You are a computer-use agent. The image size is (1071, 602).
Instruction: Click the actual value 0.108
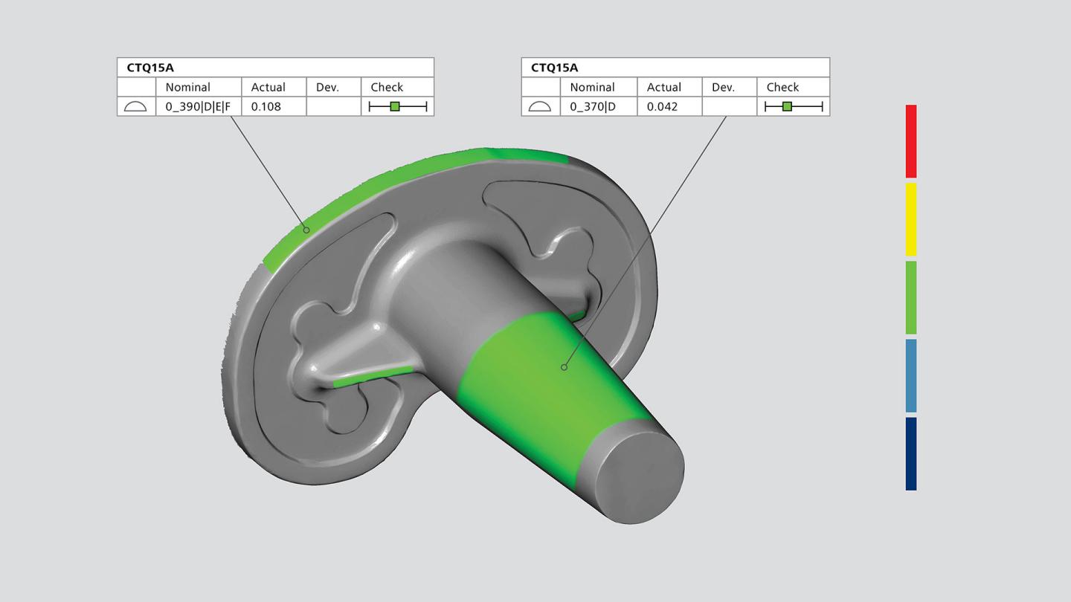pos(266,106)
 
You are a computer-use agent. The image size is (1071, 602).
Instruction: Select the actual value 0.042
pos(662,106)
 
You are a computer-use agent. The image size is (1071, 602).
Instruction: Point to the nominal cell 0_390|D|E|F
pos(198,106)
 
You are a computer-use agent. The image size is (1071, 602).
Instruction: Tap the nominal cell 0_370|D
pos(593,106)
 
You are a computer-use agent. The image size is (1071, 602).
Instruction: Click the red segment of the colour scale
pos(911,141)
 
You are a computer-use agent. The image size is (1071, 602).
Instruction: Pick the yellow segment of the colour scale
pos(911,219)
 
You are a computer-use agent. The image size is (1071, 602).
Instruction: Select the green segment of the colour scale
pos(911,297)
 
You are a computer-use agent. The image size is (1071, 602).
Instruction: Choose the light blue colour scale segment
pos(911,375)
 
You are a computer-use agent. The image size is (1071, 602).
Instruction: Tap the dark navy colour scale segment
pos(911,453)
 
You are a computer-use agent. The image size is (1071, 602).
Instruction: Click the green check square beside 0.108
pos(395,106)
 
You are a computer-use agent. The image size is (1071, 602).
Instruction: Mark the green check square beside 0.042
pos(787,106)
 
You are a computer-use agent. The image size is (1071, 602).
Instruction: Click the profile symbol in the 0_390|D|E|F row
pos(135,106)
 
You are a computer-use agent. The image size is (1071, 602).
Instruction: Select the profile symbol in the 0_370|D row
pos(539,106)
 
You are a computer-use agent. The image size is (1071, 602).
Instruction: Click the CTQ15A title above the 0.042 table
pos(554,68)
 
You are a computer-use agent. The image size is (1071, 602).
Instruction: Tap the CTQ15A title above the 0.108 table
pos(150,68)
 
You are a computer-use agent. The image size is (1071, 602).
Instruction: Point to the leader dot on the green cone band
pos(565,367)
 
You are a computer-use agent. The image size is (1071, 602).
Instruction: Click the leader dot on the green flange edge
pos(306,230)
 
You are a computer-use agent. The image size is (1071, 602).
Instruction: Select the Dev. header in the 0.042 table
pos(723,87)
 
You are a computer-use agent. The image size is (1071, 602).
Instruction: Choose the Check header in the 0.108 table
pos(387,87)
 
